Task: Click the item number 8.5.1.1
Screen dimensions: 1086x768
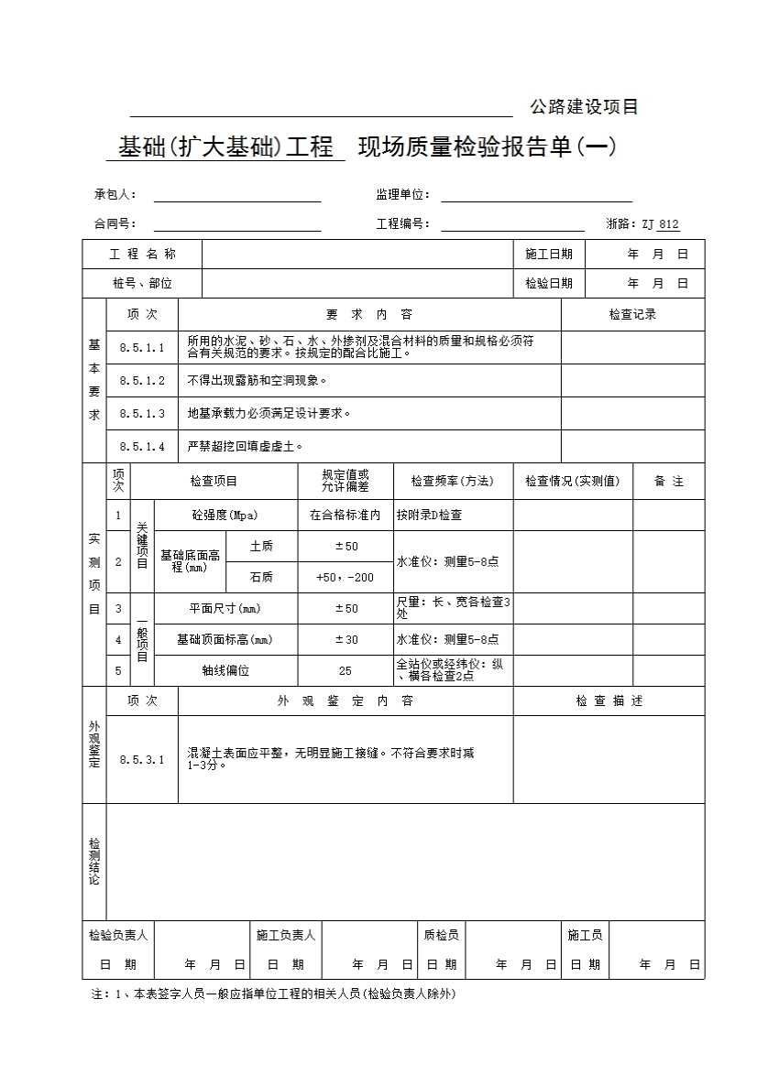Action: coord(142,348)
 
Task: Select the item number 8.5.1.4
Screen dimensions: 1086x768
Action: coord(142,447)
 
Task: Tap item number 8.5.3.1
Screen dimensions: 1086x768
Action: coord(142,760)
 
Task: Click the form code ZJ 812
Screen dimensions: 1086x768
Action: coord(660,224)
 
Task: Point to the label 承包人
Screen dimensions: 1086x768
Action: coord(115,195)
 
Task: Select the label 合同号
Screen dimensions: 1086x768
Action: coord(115,224)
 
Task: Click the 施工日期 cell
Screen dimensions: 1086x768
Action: coord(549,255)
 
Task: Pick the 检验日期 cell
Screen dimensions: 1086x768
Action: coord(549,284)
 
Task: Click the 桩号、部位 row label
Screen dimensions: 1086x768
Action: coord(142,284)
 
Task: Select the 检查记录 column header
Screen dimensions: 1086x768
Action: coord(632,315)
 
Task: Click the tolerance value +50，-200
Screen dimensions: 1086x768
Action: coord(346,578)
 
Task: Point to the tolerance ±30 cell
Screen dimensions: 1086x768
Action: coord(346,640)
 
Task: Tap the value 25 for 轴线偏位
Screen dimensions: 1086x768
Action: coord(346,671)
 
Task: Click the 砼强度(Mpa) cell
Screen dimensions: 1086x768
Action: coord(225,516)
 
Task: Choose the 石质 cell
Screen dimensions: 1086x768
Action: coord(261,578)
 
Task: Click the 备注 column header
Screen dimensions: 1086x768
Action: coord(669,482)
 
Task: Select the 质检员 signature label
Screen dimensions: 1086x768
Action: coord(441,936)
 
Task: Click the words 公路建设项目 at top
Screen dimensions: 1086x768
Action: coord(584,107)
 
